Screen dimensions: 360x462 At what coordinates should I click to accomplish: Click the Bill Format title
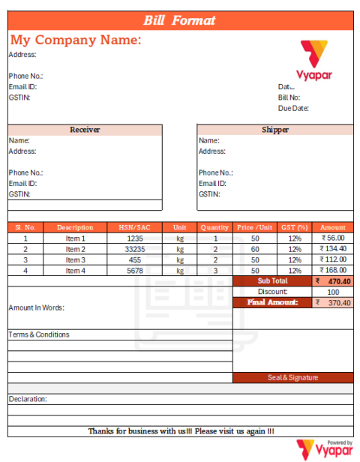point(179,21)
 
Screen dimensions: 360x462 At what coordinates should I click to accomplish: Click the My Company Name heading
point(76,40)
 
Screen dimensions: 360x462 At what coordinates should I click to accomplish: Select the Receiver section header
point(85,130)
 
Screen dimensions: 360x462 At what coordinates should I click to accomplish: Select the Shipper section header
point(275,130)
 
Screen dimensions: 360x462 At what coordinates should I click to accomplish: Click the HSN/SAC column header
point(135,227)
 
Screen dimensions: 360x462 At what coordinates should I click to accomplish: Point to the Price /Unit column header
point(255,227)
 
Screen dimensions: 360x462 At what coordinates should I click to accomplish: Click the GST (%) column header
point(294,227)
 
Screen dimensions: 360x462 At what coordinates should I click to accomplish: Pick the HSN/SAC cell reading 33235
point(135,249)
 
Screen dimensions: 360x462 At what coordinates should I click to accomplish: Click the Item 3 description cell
point(76,259)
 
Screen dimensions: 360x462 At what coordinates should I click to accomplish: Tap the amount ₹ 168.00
point(332,270)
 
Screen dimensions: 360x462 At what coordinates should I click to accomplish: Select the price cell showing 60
point(255,249)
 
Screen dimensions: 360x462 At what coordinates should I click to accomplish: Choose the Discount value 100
point(333,292)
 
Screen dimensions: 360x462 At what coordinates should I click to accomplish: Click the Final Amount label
point(272,302)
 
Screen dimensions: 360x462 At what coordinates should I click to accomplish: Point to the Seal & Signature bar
point(292,377)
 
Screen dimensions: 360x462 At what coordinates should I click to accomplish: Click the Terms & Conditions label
point(39,334)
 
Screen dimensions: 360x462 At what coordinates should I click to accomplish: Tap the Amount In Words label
point(37,307)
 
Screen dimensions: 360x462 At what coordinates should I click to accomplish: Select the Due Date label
point(293,108)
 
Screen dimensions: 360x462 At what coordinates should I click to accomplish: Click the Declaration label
point(28,399)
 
